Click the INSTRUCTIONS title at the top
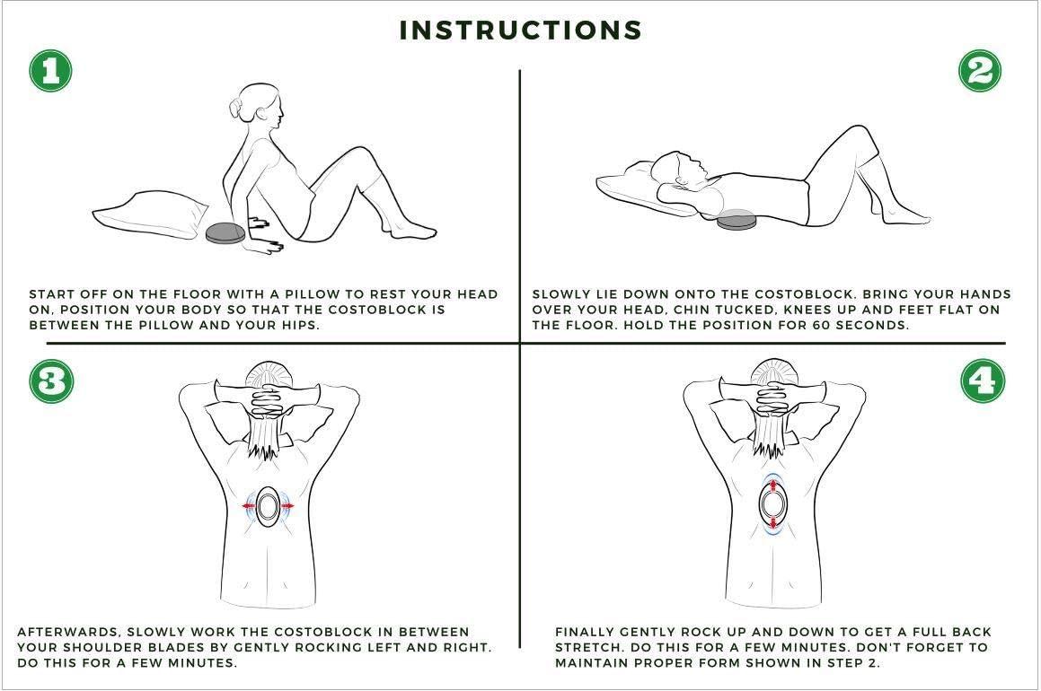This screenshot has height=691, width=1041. (521, 30)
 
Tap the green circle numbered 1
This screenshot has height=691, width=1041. (50, 70)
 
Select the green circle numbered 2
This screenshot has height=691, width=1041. (980, 70)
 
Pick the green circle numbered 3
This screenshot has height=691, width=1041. (51, 381)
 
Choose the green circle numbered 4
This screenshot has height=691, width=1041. (983, 381)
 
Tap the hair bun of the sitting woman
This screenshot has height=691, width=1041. (236, 109)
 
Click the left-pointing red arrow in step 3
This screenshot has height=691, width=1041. (249, 507)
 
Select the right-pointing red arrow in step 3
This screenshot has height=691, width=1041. (287, 507)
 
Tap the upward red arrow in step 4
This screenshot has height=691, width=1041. (772, 485)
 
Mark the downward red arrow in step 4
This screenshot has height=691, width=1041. (772, 522)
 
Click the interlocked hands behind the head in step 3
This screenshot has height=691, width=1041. (269, 398)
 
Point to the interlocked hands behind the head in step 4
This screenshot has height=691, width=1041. (773, 398)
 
